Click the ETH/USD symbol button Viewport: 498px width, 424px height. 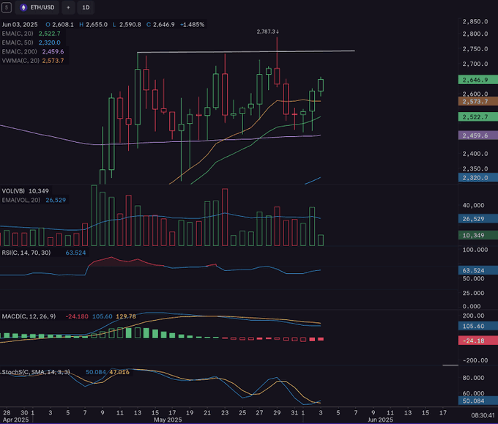37,7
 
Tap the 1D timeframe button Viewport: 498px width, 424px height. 86,7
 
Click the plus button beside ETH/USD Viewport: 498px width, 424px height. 67,7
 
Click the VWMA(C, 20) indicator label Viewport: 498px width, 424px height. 22,60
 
